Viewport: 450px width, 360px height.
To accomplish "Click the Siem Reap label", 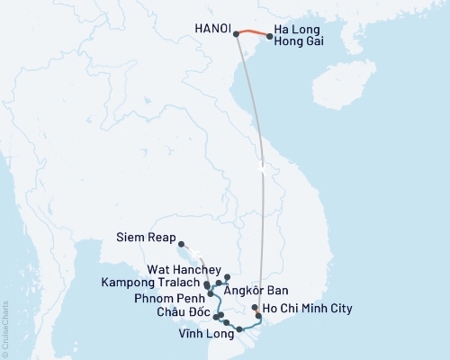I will click(x=146, y=239).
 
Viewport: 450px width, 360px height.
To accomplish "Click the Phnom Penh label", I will click(x=165, y=298).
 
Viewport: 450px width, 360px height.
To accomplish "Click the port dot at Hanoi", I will click(x=236, y=34).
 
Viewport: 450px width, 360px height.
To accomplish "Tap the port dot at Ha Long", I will click(x=270, y=37).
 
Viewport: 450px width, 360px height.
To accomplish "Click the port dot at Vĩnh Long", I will click(x=239, y=329).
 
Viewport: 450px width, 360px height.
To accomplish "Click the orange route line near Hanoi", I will click(x=253, y=33).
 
